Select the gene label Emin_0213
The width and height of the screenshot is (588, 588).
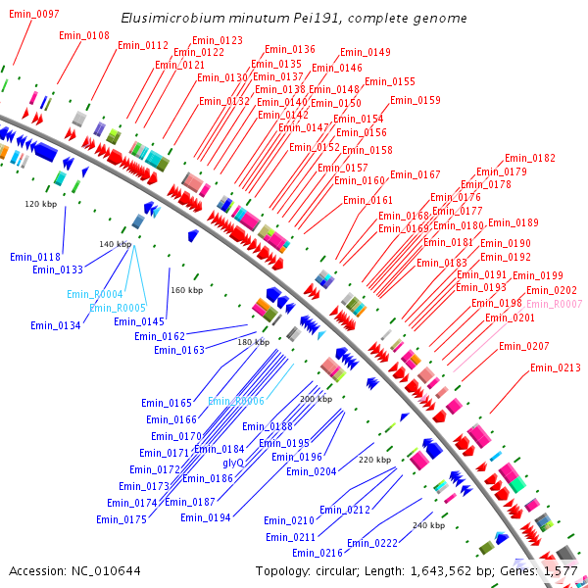[556, 368]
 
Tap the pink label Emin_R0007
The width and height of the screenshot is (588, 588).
[557, 304]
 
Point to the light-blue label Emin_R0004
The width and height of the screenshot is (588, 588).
[94, 294]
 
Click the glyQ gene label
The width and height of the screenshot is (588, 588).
[233, 464]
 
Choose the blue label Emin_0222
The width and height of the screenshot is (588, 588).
[372, 543]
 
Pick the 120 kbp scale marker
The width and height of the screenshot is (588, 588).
[40, 204]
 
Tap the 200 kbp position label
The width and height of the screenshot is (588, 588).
[316, 399]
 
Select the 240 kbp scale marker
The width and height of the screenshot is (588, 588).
[428, 525]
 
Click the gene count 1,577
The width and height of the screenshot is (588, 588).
[561, 570]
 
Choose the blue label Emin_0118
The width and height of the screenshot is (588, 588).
[35, 257]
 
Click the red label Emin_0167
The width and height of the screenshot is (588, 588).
[416, 174]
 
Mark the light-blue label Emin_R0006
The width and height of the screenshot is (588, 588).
[236, 401]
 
